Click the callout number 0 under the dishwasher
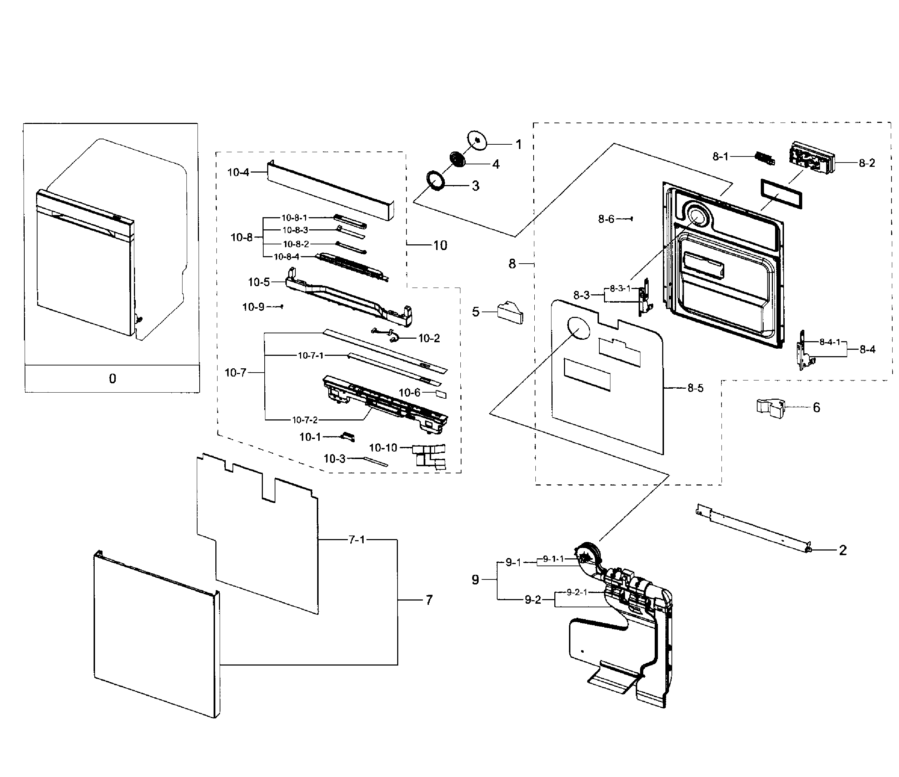click(113, 379)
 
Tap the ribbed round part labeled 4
click(456, 159)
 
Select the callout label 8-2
click(867, 163)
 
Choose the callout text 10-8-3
click(295, 230)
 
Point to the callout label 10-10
click(383, 448)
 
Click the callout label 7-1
click(357, 539)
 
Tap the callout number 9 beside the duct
click(475, 579)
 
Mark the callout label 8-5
click(695, 388)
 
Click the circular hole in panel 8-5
click(578, 328)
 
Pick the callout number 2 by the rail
click(843, 551)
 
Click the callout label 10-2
click(429, 338)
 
